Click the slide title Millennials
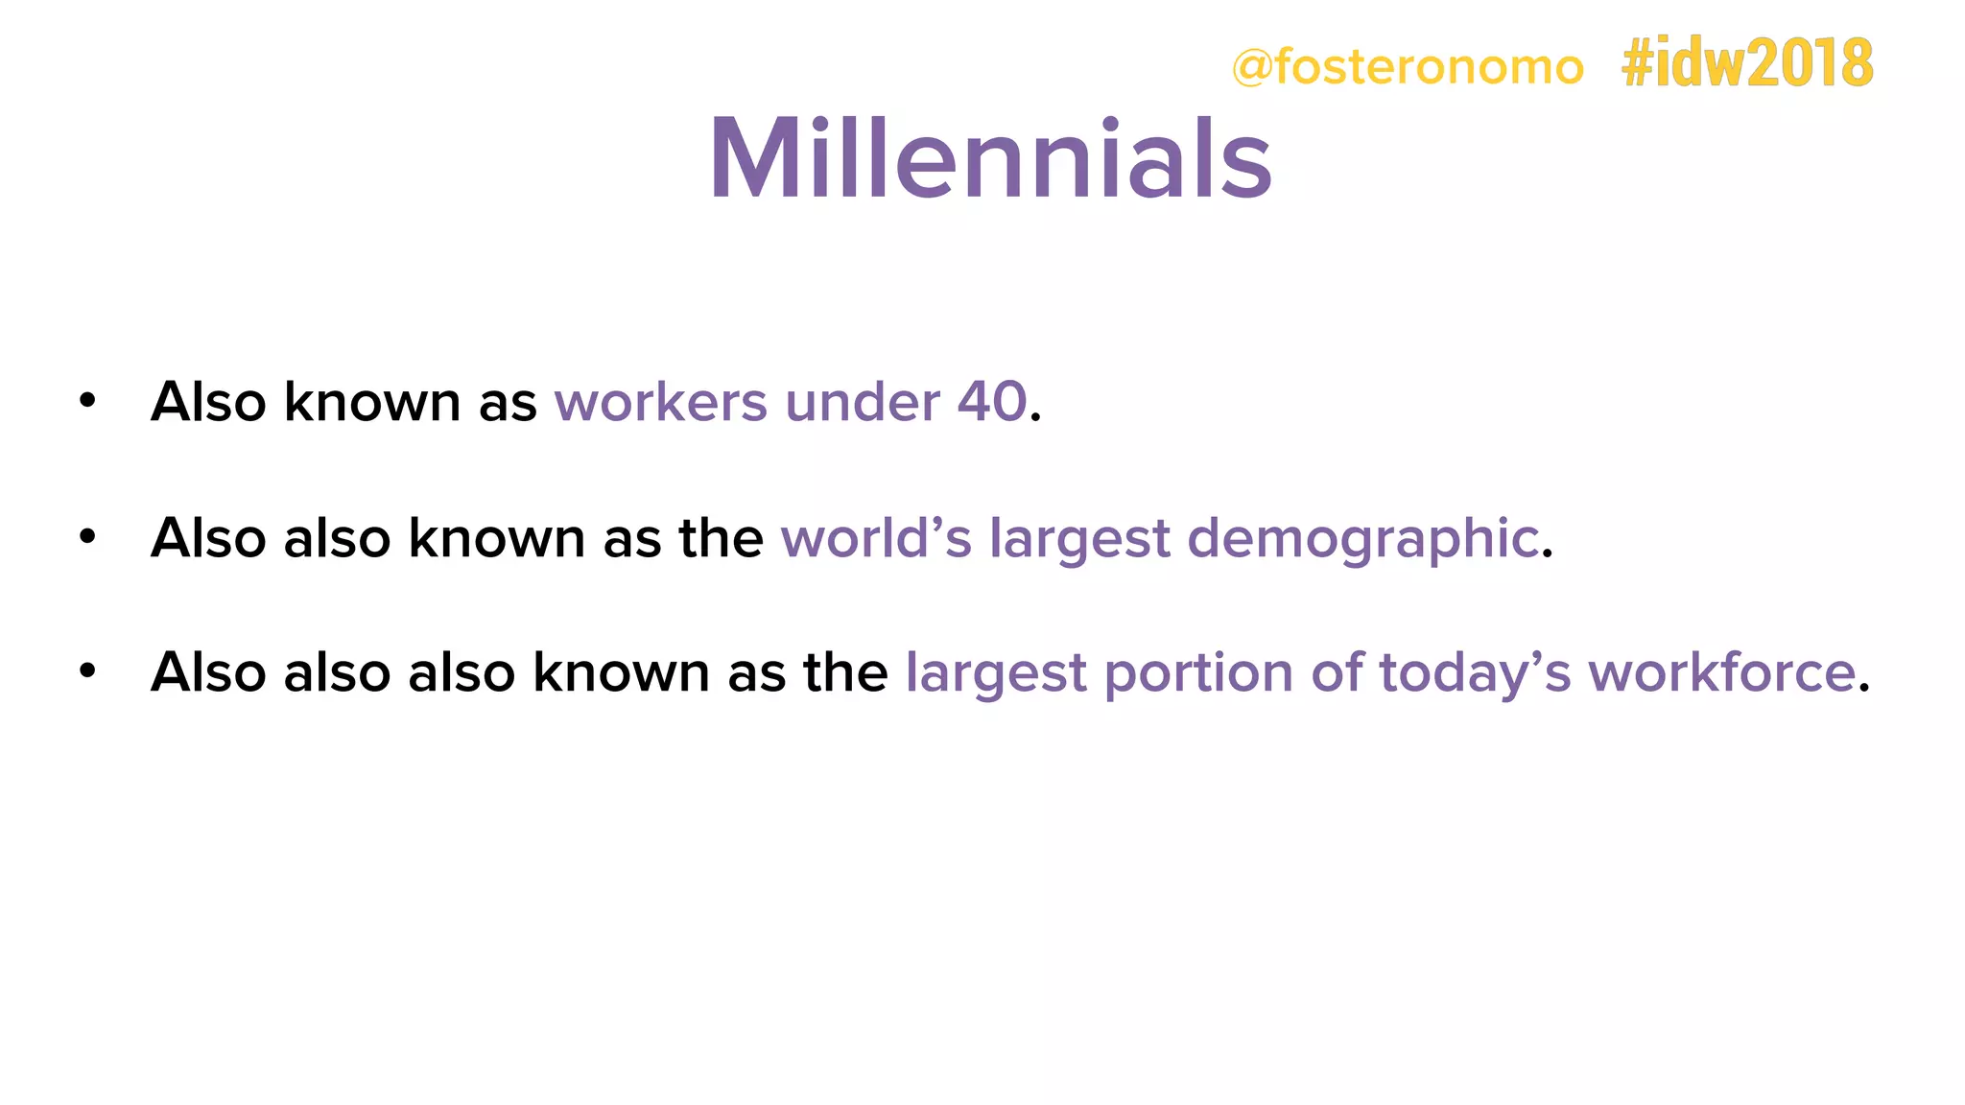point(990,158)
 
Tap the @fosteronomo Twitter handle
point(1407,67)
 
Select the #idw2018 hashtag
point(1746,63)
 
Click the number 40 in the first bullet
point(992,401)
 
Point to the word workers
point(660,401)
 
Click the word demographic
point(1362,538)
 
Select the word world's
point(876,537)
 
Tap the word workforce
point(1721,671)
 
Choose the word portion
point(1198,673)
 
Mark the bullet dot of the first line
point(87,401)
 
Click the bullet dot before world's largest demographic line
point(87,537)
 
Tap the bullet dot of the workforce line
point(87,671)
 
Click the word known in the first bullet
point(372,401)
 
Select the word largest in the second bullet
point(1079,539)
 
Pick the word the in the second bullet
point(721,537)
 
